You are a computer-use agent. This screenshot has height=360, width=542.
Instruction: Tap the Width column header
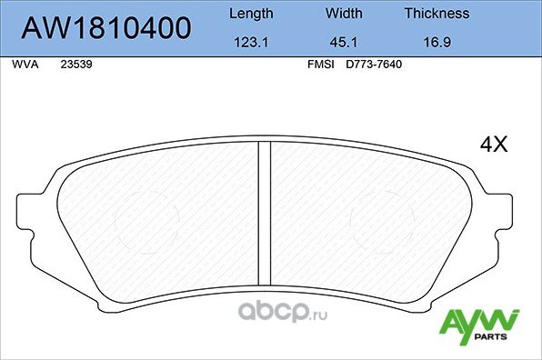pyautogui.click(x=343, y=14)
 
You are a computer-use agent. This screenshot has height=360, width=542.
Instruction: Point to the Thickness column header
pyautogui.click(x=437, y=14)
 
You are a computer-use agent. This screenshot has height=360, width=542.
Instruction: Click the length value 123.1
pyautogui.click(x=249, y=42)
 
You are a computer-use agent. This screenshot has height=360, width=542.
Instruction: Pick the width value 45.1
pyautogui.click(x=343, y=42)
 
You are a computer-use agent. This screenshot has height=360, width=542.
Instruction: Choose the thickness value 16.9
pyautogui.click(x=437, y=42)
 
